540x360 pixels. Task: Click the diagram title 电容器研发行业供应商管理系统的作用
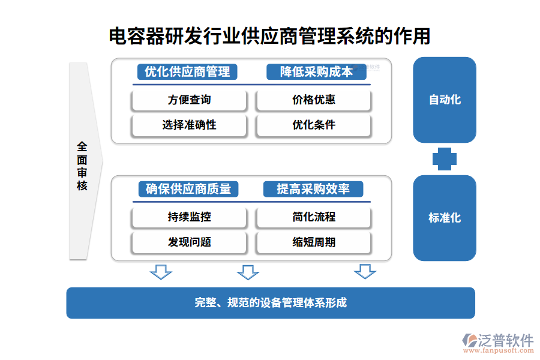point(269,36)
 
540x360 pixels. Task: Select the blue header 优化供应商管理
point(187,72)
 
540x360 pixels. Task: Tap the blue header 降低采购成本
point(316,72)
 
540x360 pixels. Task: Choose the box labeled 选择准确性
point(189,125)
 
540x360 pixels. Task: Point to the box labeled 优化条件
point(313,125)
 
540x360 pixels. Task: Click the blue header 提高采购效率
point(313,189)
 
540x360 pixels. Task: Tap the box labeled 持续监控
point(189,217)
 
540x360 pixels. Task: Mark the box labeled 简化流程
point(313,217)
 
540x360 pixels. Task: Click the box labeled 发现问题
point(189,242)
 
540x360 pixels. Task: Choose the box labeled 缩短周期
point(313,242)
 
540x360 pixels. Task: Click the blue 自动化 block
point(445,100)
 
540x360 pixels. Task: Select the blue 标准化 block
point(445,218)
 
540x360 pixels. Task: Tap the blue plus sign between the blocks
point(445,159)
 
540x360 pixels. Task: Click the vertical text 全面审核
point(82,166)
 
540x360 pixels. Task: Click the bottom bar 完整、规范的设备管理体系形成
point(271,303)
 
